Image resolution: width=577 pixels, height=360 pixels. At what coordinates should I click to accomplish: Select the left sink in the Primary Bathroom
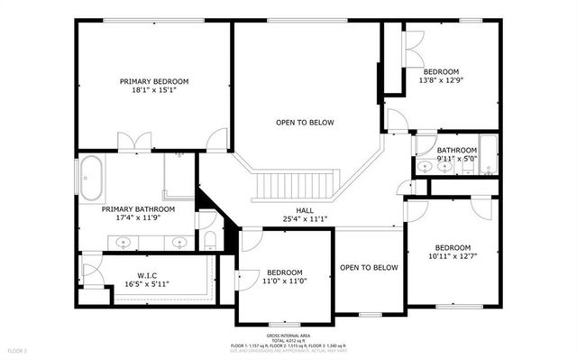click(123, 242)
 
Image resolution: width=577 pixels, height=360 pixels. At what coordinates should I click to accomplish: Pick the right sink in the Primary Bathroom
click(179, 242)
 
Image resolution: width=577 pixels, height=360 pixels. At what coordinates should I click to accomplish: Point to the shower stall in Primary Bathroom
click(179, 177)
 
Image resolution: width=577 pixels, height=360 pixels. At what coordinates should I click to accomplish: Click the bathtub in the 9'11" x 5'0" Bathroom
click(488, 155)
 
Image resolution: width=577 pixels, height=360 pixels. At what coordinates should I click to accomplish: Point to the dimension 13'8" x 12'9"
click(442, 81)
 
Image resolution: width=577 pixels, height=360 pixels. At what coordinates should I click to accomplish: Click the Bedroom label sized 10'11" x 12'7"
click(453, 247)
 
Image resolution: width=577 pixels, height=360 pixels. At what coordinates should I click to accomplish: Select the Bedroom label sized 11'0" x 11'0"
click(284, 272)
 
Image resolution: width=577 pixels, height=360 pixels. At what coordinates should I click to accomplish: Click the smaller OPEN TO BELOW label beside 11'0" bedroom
click(368, 267)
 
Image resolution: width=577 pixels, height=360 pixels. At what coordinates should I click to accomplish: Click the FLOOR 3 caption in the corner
click(18, 349)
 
